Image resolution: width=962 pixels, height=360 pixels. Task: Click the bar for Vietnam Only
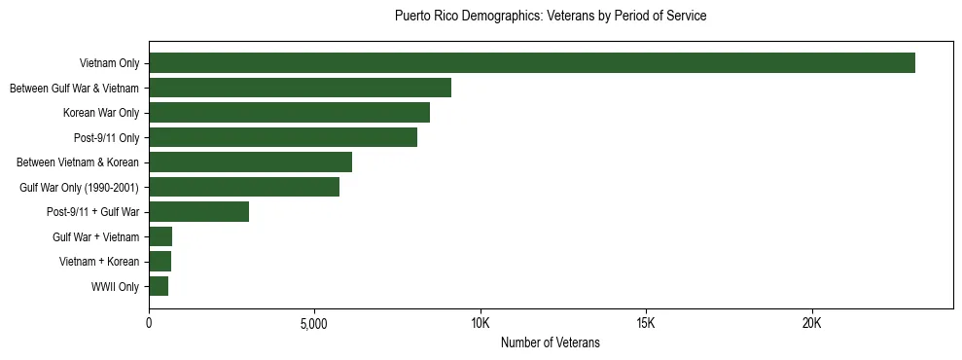[x=532, y=63]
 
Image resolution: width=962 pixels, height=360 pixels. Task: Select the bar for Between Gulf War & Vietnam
[x=300, y=89]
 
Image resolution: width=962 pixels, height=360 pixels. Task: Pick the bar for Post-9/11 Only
[x=283, y=138]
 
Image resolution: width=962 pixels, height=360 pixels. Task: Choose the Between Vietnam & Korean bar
[x=250, y=162]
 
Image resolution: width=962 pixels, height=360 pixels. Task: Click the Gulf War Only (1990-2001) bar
[x=244, y=187]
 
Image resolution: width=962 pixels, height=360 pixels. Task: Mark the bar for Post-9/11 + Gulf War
[x=198, y=212]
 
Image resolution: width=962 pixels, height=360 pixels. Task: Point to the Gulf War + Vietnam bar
[x=160, y=236]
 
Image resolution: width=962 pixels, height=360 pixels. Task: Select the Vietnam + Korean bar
[x=160, y=262]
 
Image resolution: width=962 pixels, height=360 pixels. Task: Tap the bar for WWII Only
[x=159, y=286]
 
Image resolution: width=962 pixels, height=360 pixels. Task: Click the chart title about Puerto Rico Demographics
[x=551, y=17]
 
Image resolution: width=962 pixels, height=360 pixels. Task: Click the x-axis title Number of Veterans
[x=551, y=343]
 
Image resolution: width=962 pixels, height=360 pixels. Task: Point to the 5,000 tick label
[x=314, y=323]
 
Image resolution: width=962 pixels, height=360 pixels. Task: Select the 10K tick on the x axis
[x=481, y=323]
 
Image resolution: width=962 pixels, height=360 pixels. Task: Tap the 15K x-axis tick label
[x=646, y=323]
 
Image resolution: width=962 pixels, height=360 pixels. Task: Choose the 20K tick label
[x=812, y=323]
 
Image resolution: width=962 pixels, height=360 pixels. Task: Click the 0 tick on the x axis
[x=149, y=323]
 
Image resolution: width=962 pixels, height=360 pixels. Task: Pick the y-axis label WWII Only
[x=115, y=287]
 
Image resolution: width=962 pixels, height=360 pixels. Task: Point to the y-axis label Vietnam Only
[x=109, y=64]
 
